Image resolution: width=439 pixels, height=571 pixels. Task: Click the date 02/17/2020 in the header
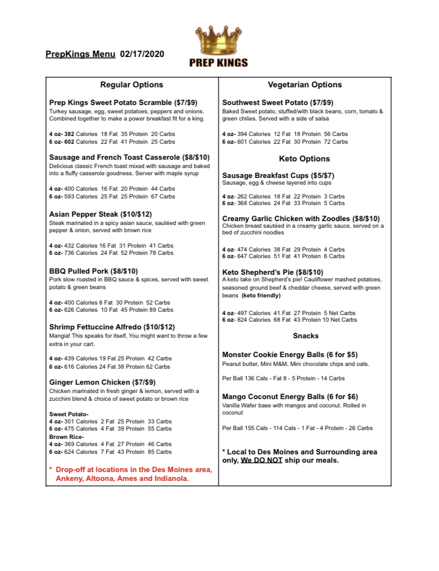[x=142, y=54]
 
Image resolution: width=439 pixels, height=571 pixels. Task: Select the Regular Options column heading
[x=132, y=85]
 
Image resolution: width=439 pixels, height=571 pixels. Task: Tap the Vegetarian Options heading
[x=305, y=85]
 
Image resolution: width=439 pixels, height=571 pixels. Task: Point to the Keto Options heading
[x=305, y=159]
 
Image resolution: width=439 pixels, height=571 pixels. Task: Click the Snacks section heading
[x=306, y=336]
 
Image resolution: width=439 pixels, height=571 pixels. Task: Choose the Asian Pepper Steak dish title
[x=101, y=214]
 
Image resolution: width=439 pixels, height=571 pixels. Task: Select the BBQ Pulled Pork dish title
[x=93, y=271]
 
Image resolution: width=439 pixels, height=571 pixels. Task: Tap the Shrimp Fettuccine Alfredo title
[x=112, y=327]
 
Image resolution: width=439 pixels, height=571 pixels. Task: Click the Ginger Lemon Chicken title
[x=102, y=382]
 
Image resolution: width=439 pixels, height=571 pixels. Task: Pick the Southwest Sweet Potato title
[x=278, y=102]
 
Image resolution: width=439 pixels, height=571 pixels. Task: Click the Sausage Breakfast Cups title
[x=278, y=175]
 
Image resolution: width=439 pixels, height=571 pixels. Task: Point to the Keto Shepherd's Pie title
[x=273, y=272]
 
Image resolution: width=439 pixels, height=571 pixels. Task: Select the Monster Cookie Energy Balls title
[x=290, y=354]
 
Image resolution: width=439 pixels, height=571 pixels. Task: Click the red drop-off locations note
[x=130, y=474]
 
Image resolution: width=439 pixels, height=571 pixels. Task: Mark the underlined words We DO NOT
[x=262, y=460]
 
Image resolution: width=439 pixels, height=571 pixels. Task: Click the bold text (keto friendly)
[x=261, y=296]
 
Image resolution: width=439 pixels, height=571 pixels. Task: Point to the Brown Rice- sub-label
[x=66, y=437]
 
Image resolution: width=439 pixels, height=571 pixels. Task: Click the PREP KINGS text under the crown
[x=219, y=62]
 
